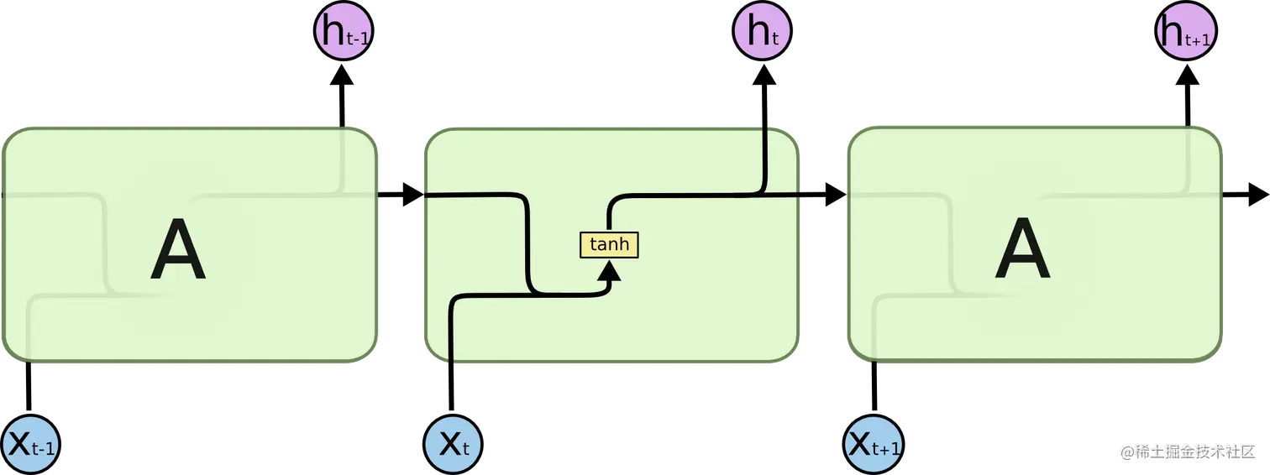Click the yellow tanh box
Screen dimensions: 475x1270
(x=609, y=244)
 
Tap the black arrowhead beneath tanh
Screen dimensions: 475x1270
(x=610, y=269)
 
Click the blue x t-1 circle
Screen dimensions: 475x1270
(x=30, y=444)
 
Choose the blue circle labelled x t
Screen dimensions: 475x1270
(x=454, y=444)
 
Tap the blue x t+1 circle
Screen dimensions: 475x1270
(x=874, y=444)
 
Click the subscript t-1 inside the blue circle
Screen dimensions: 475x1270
(x=44, y=450)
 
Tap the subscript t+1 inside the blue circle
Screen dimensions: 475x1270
(x=886, y=450)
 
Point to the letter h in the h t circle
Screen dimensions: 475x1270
(x=756, y=31)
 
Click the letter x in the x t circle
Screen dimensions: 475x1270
(x=449, y=443)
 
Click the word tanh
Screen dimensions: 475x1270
(x=609, y=244)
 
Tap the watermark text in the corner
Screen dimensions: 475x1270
(x=1186, y=451)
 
